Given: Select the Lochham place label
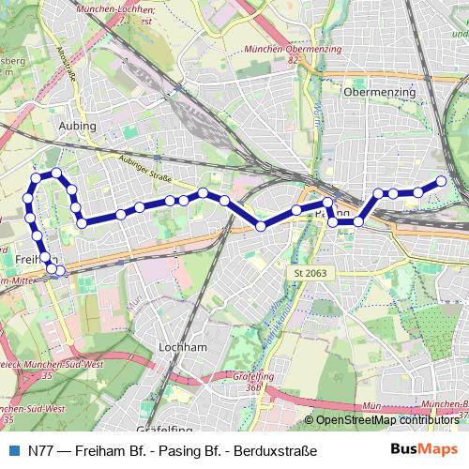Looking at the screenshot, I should pos(184,346).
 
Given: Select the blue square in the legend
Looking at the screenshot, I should pos(11,451).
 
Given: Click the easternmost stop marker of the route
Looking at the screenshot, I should pos(441,181).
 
